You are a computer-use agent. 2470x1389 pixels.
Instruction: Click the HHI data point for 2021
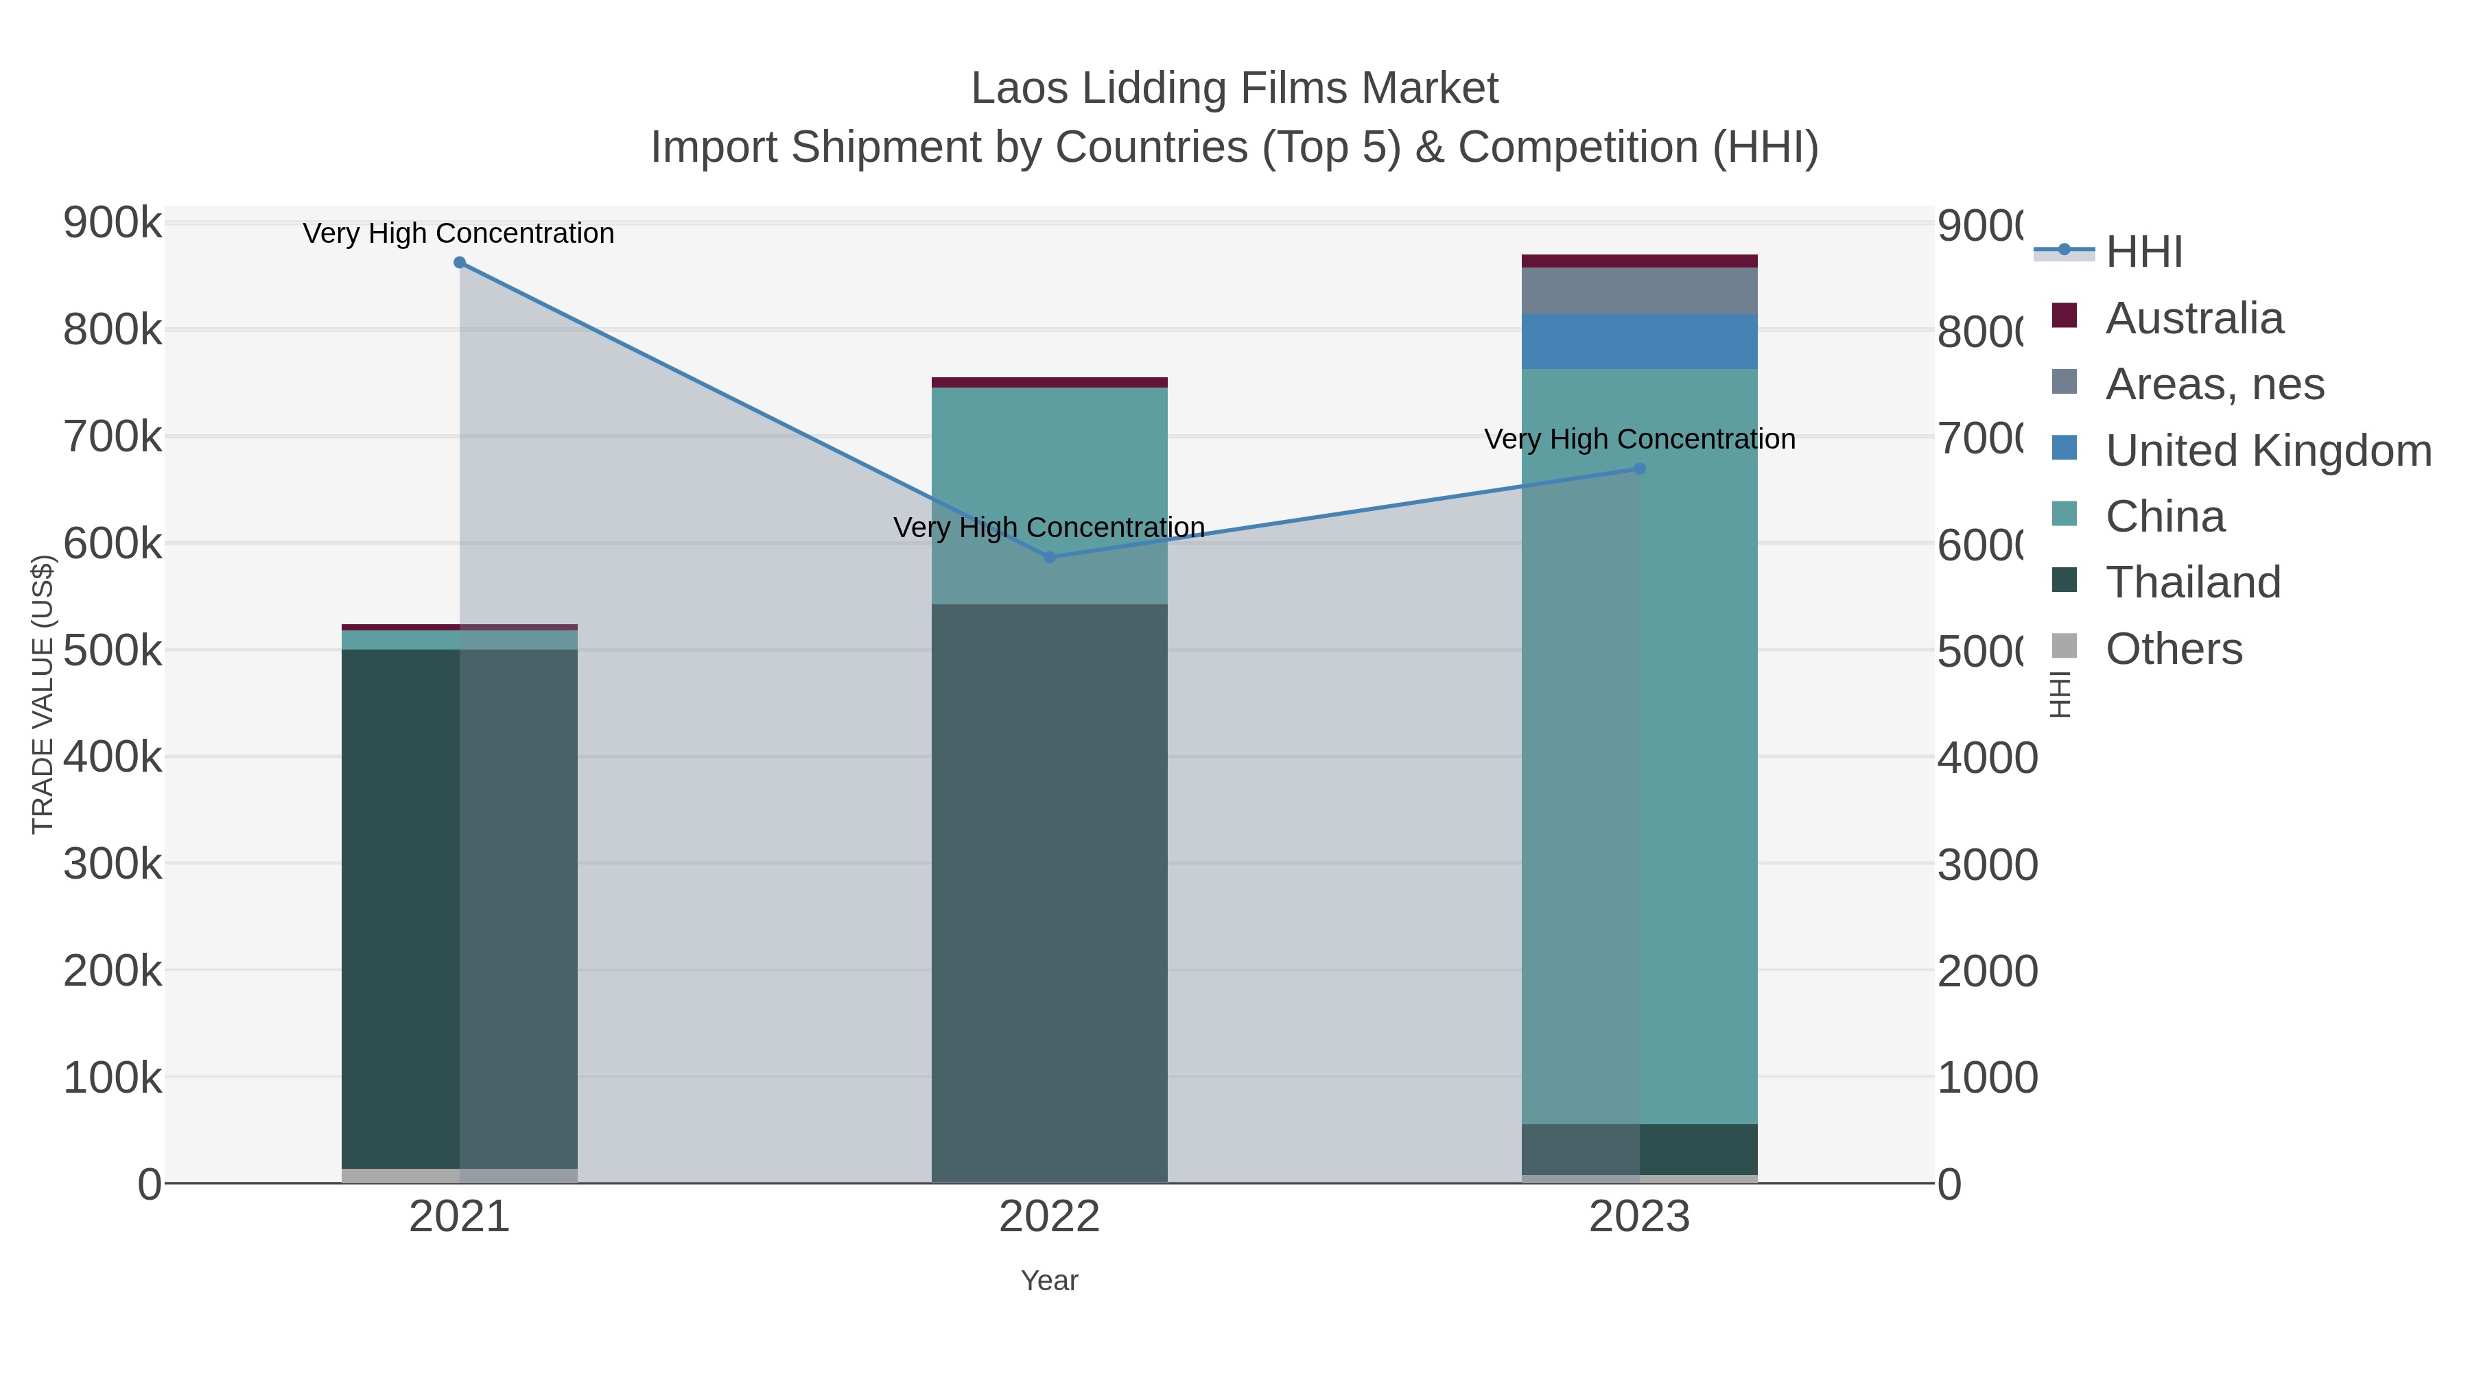459,263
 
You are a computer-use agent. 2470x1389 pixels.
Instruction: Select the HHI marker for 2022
1049,557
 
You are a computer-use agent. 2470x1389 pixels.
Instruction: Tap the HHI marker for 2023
1640,468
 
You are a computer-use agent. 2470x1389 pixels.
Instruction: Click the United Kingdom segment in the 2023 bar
1640,342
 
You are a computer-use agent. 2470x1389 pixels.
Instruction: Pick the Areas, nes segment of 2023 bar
1640,290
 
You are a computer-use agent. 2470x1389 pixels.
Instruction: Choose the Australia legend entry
2194,318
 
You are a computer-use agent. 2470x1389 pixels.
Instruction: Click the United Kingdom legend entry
2268,451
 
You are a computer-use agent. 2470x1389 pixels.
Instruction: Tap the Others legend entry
2174,649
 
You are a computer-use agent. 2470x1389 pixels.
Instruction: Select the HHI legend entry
2144,252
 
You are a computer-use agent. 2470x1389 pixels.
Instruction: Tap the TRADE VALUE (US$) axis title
43,694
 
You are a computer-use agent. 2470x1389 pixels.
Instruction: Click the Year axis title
1049,1281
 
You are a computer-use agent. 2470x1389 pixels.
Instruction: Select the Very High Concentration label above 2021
458,234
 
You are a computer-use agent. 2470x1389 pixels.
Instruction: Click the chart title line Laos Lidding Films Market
1234,88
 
